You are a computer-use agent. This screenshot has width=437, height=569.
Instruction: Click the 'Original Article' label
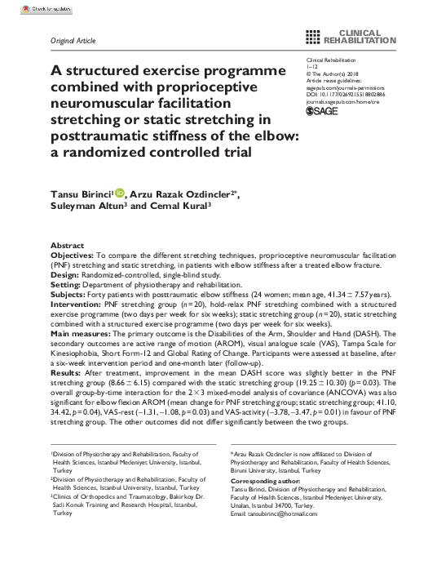pos(73,40)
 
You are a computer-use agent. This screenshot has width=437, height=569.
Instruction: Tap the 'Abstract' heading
pos(67,245)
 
